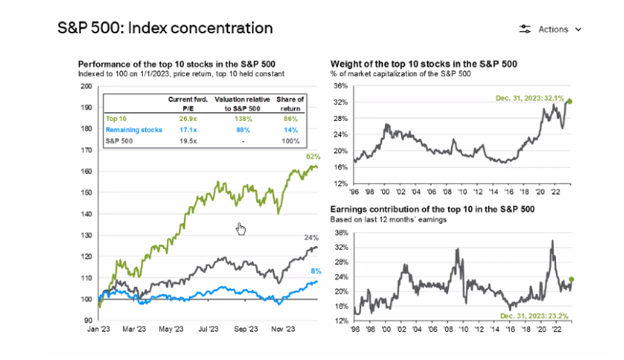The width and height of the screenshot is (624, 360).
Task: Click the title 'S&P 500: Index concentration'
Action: (165, 28)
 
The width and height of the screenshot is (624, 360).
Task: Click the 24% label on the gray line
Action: (311, 237)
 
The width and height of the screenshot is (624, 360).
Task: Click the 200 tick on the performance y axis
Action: (87, 86)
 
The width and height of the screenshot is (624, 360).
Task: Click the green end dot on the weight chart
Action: (569, 101)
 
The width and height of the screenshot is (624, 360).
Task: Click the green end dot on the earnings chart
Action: (571, 280)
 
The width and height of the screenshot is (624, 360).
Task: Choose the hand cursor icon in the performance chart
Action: (241, 229)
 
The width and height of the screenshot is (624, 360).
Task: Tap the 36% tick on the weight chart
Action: (341, 86)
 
